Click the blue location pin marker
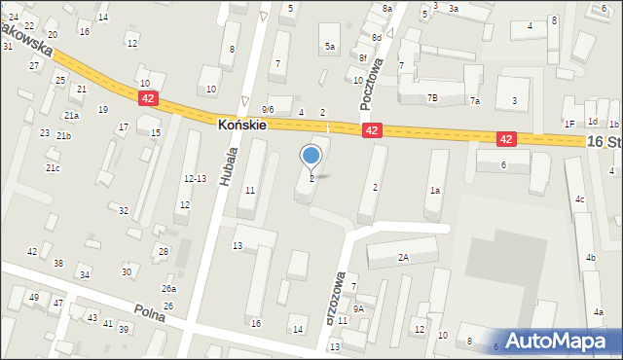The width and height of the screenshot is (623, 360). pyautogui.click(x=311, y=156)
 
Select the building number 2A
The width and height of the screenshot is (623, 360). pyautogui.click(x=403, y=258)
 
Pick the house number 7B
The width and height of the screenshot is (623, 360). pyautogui.click(x=432, y=98)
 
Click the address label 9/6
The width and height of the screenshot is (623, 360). pyautogui.click(x=268, y=110)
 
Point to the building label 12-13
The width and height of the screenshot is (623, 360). pyautogui.click(x=195, y=178)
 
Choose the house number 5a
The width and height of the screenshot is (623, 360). pyautogui.click(x=330, y=47)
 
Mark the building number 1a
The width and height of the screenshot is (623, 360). pyautogui.click(x=435, y=191)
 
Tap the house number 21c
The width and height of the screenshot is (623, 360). pyautogui.click(x=53, y=168)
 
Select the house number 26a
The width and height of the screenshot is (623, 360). pyautogui.click(x=169, y=289)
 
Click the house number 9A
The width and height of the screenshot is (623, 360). pyautogui.click(x=358, y=308)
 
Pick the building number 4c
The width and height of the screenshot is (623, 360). pyautogui.click(x=579, y=199)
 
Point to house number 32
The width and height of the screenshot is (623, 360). pyautogui.click(x=124, y=210)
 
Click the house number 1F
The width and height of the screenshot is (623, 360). pyautogui.click(x=569, y=124)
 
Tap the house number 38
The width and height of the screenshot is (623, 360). pyautogui.click(x=58, y=264)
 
